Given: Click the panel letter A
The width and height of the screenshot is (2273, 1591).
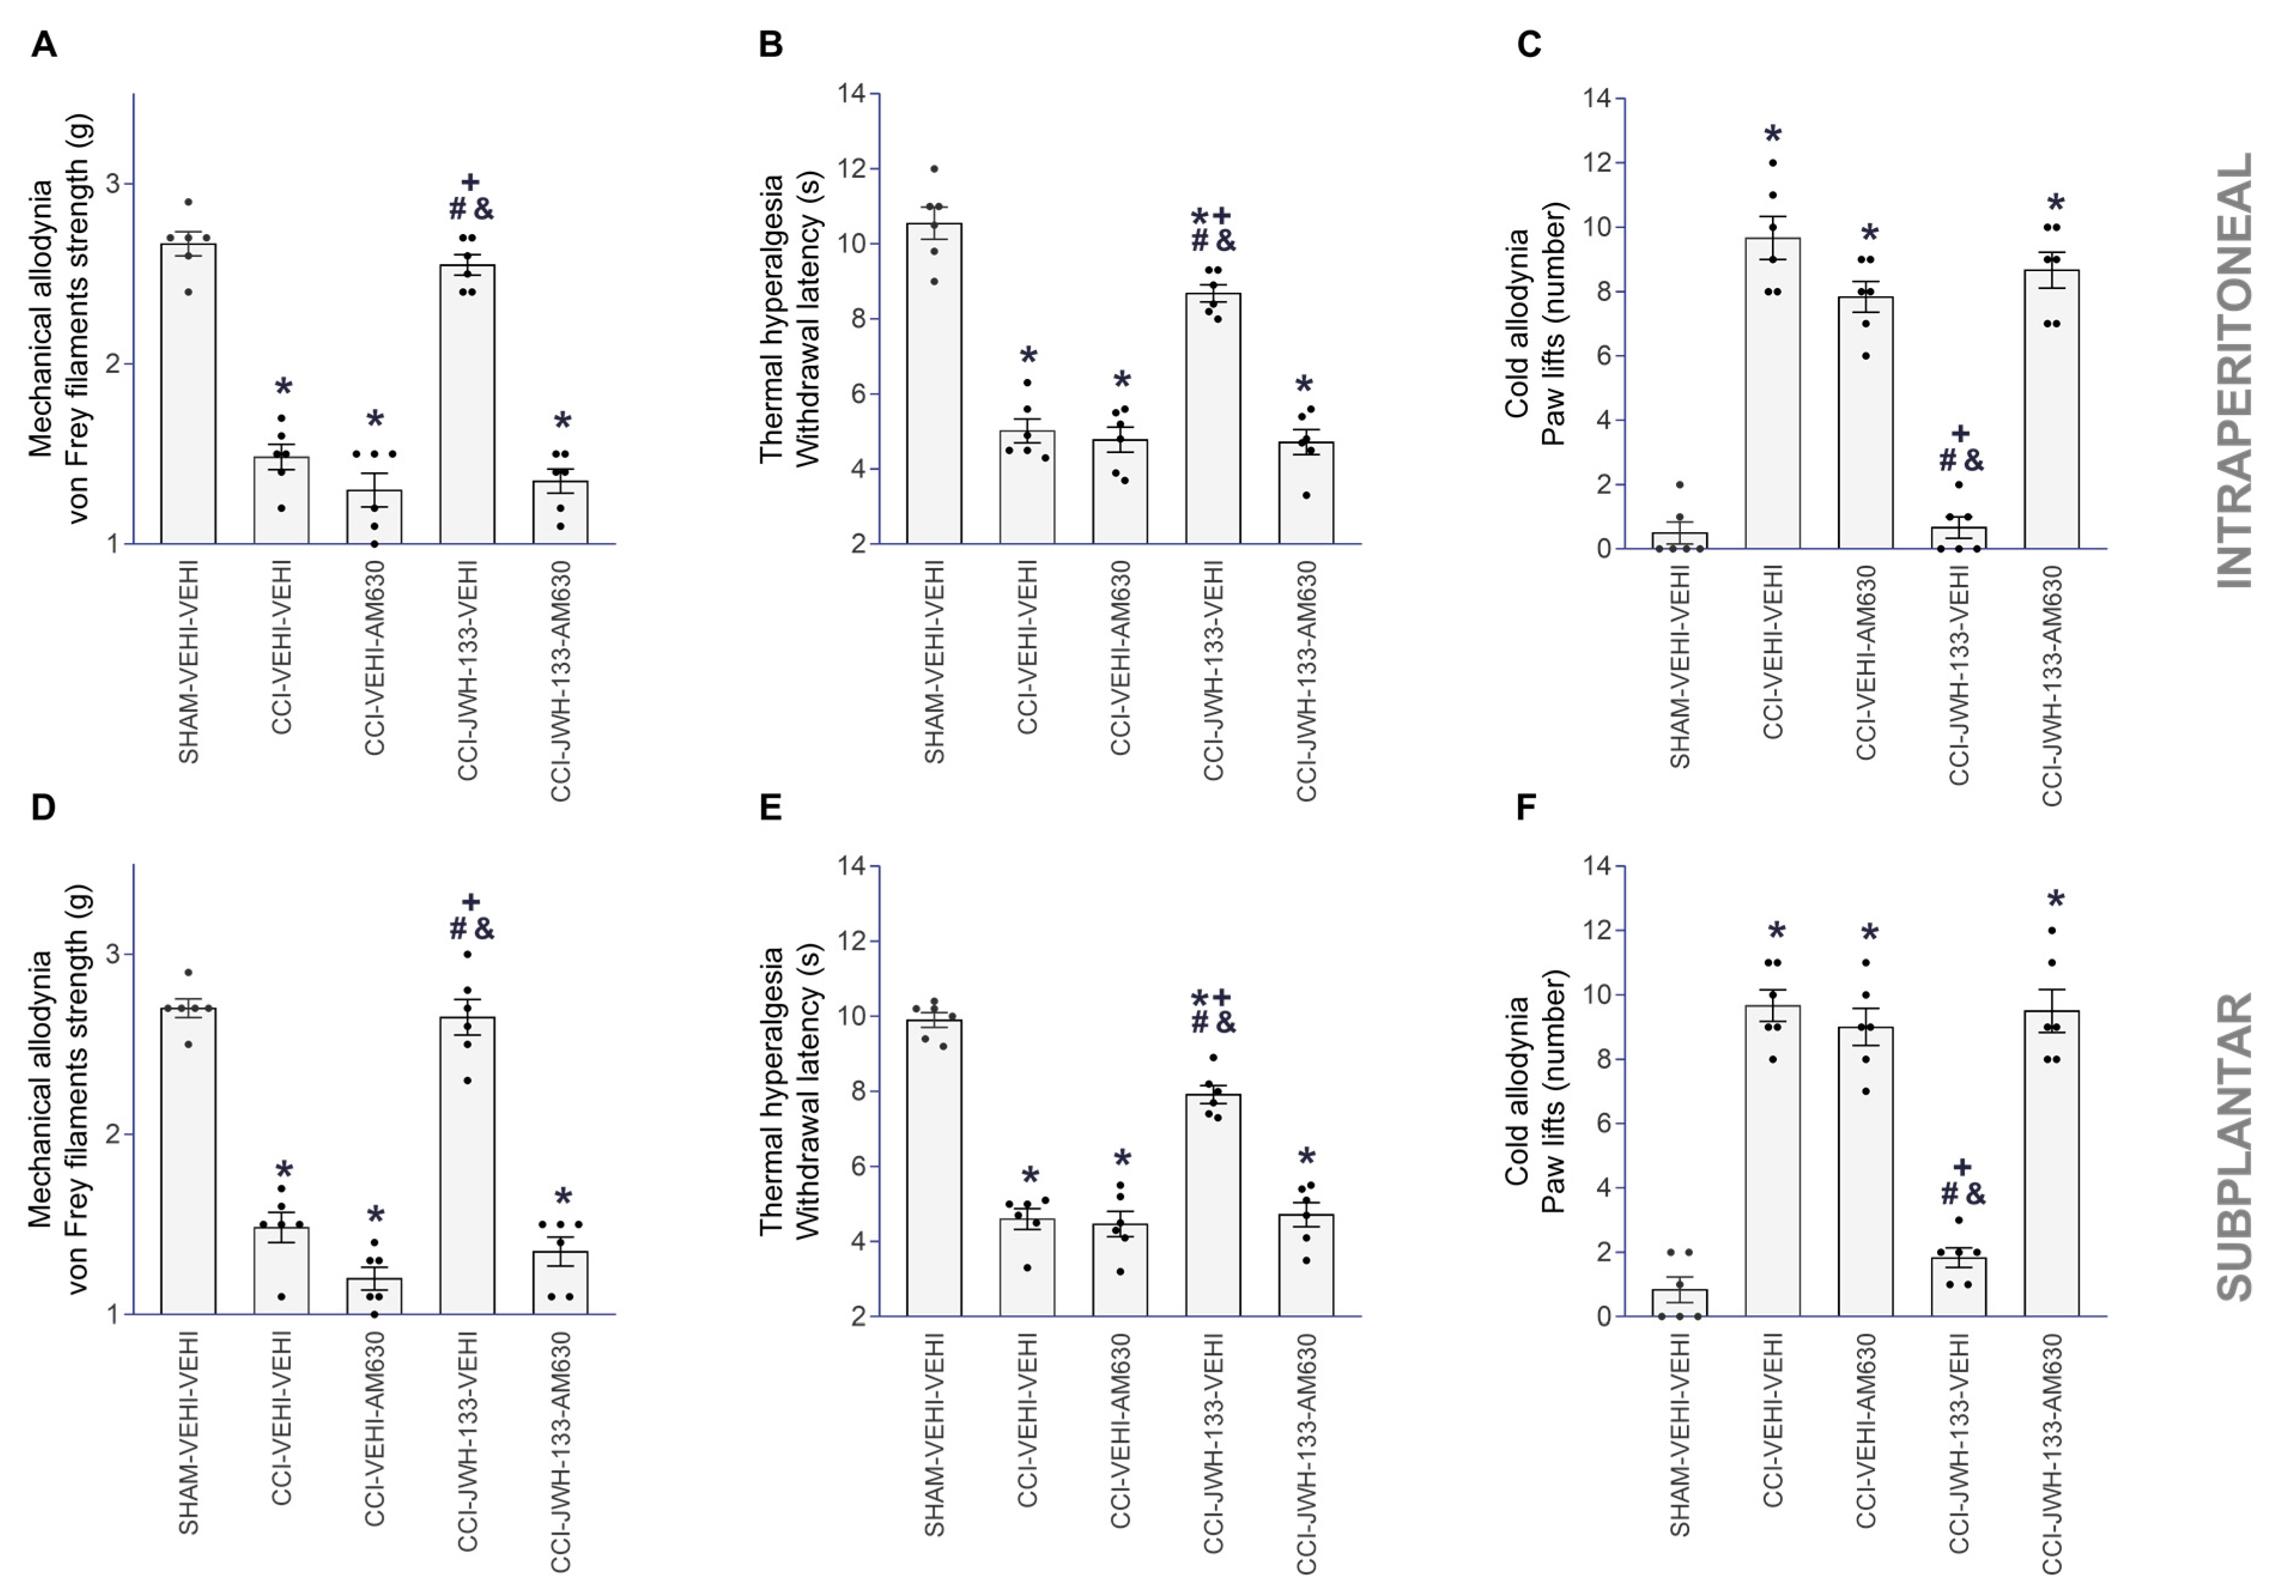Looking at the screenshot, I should point(44,44).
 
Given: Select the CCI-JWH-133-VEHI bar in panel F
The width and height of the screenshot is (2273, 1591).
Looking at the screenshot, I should point(1958,1287).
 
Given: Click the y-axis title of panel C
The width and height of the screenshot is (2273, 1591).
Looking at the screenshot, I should point(1534,324).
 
